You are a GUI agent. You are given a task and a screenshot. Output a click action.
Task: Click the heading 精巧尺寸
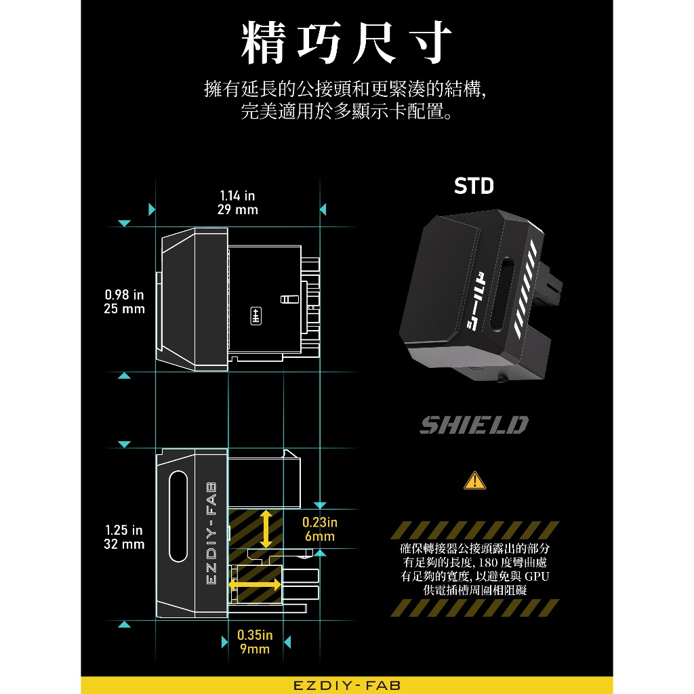point(346,44)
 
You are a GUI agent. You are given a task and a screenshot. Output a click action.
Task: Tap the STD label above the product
point(474,186)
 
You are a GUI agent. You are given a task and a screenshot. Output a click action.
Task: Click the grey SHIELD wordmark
point(474,426)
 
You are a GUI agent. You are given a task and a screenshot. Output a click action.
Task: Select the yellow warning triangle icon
point(474,481)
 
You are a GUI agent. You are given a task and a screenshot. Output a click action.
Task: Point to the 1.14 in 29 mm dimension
point(237,203)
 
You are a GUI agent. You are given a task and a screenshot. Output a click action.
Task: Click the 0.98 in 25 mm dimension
point(125,302)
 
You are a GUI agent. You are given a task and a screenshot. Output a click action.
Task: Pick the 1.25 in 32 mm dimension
point(124,537)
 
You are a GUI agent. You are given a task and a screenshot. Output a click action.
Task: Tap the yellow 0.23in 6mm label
point(319,529)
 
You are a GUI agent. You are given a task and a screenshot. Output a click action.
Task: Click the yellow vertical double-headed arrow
point(266,529)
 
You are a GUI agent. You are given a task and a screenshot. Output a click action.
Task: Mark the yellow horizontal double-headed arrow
point(255,584)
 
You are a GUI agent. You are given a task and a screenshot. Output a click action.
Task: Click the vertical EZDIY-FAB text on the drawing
point(210,534)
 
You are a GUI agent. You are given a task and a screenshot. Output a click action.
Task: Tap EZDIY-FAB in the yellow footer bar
point(347,685)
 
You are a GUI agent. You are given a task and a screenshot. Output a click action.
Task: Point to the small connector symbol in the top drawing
point(256,316)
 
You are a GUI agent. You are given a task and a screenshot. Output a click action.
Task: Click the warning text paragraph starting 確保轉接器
point(474,569)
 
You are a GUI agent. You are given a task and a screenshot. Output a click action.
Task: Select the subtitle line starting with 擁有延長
point(346,89)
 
